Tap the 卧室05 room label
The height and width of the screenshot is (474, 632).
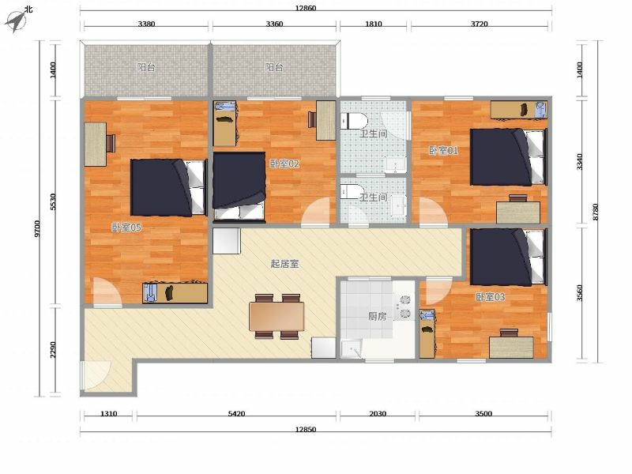pyautogui.click(x=126, y=228)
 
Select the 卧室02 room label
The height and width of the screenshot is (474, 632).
pyautogui.click(x=284, y=164)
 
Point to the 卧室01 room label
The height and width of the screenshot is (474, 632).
pyautogui.click(x=443, y=151)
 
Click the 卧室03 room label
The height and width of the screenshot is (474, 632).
pyautogui.click(x=490, y=297)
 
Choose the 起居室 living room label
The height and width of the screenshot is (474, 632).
pyautogui.click(x=285, y=264)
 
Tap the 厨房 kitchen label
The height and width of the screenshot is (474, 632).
pyautogui.click(x=378, y=317)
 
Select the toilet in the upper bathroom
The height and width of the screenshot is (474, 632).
pyautogui.click(x=354, y=121)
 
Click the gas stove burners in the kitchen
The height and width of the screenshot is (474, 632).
pyautogui.click(x=404, y=307)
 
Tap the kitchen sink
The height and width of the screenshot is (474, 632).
pyautogui.click(x=352, y=348)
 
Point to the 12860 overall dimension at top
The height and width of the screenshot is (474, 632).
pyautogui.click(x=306, y=8)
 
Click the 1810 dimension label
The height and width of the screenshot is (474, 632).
pyautogui.click(x=373, y=24)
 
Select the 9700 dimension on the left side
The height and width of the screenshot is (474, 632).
pyautogui.click(x=37, y=228)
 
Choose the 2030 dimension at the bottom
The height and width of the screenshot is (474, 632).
pyautogui.click(x=378, y=413)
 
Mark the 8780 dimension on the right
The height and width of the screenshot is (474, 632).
pyautogui.click(x=596, y=212)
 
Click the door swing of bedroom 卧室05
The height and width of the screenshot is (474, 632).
pyautogui.click(x=107, y=292)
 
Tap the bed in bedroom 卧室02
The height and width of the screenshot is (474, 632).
pyautogui.click(x=239, y=186)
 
